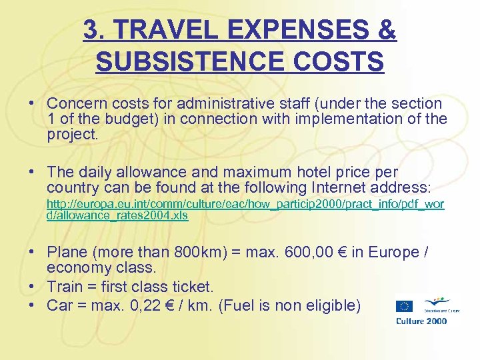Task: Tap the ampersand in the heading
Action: point(386,30)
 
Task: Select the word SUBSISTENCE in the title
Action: point(189,62)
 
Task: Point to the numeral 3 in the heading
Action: point(91,30)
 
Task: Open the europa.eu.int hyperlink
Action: point(245,209)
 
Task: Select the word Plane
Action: point(67,253)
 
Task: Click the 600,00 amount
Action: point(313,253)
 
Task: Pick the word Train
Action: point(65,287)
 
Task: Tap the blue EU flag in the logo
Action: point(405,307)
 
